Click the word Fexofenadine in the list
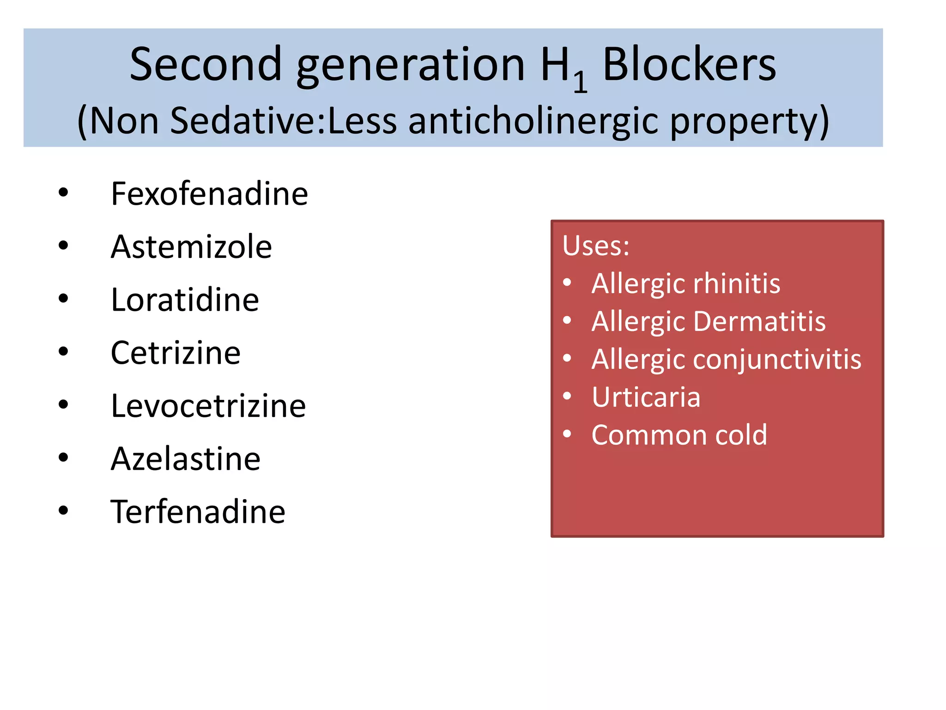209,194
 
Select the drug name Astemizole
191,247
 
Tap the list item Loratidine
185,300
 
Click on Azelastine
186,459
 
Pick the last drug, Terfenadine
198,512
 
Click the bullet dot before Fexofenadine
63,192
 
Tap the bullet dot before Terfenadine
63,511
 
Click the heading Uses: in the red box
595,245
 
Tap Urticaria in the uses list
646,397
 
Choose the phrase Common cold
679,435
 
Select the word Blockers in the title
689,65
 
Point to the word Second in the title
206,65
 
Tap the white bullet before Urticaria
567,396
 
